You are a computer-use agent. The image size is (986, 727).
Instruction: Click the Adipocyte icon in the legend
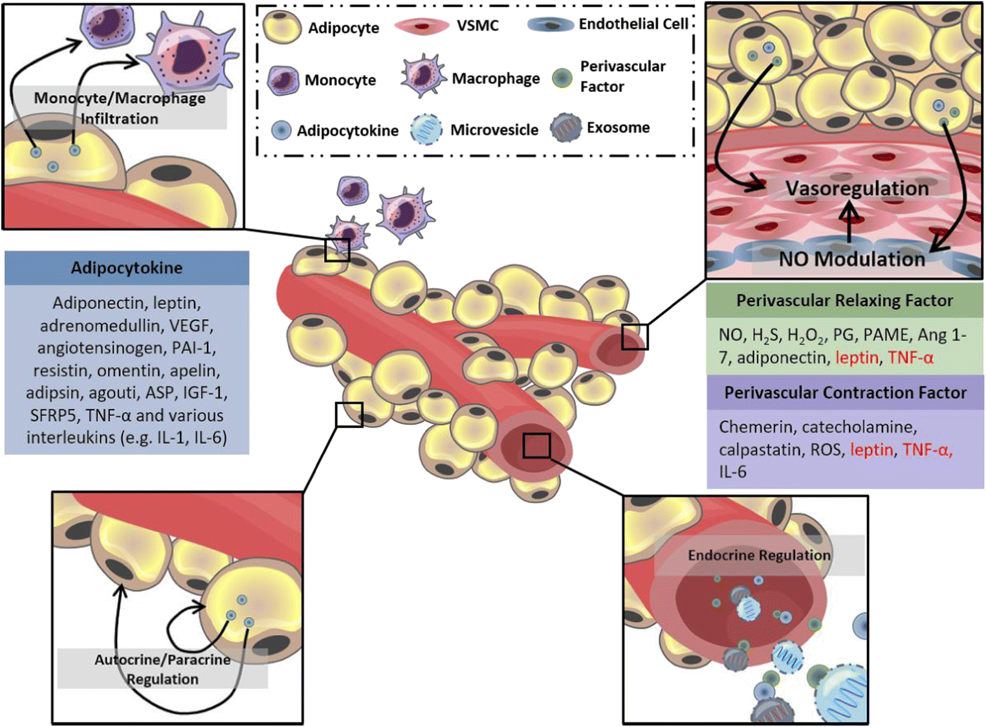tap(282, 27)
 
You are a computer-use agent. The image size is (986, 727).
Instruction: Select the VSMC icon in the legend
tap(421, 26)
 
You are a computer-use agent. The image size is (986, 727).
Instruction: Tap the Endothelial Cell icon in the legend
tap(550, 25)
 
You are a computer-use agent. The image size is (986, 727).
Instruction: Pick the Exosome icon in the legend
tap(565, 128)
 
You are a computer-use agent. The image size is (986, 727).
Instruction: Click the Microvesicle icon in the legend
tap(426, 129)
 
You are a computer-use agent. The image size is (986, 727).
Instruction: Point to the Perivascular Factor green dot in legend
tap(562, 78)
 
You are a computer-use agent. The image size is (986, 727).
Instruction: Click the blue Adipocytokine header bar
tap(127, 268)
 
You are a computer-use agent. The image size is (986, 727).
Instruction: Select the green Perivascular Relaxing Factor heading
tap(844, 300)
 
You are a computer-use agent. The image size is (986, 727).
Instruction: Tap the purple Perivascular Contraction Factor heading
tap(845, 393)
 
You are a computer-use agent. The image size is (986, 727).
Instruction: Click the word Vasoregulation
tap(857, 188)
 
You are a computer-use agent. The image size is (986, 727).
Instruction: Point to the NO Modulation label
tap(851, 259)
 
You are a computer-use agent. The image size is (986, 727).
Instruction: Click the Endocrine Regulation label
tap(759, 555)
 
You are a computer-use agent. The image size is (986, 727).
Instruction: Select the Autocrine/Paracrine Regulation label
tap(162, 669)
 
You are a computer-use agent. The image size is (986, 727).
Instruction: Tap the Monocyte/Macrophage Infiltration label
tap(120, 108)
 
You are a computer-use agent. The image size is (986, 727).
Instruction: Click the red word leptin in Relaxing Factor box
tap(857, 357)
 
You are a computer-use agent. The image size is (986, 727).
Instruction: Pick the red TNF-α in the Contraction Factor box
tap(926, 449)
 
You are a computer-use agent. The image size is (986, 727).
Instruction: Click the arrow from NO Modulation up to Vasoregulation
tap(849, 223)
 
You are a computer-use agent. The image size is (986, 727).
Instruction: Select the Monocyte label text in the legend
tap(340, 80)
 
